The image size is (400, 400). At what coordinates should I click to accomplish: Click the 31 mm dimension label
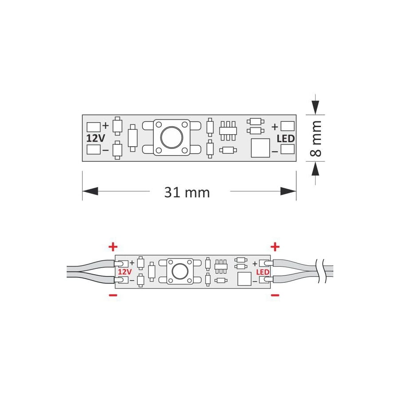pos(187,192)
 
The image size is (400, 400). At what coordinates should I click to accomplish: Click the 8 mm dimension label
pos(316,138)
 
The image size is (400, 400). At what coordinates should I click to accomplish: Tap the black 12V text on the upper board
pos(96,138)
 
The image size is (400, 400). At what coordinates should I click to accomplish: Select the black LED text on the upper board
pos(286,139)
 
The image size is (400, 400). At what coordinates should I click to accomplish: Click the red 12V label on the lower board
pos(125,272)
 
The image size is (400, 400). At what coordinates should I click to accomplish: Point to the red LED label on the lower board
pos(263,272)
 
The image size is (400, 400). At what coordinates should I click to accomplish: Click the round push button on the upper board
pos(172,137)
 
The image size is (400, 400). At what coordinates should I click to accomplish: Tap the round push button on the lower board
pos(180,271)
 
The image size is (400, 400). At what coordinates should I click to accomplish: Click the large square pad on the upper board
pos(260,148)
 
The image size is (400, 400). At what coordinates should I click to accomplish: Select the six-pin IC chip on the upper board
pos(228,131)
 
